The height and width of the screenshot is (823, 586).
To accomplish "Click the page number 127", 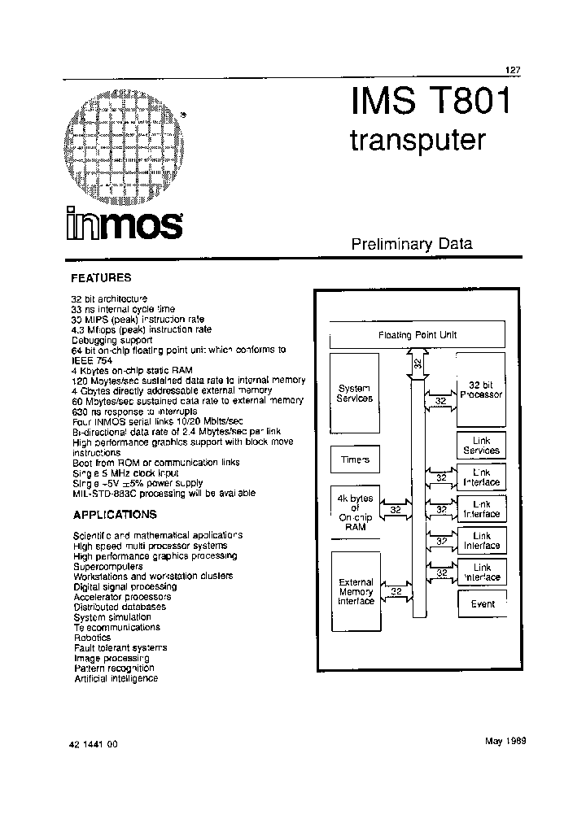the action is pos(512,71).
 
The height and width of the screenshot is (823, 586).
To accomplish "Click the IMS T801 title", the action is pos(431,103).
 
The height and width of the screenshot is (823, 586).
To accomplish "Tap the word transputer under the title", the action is pos(418,141).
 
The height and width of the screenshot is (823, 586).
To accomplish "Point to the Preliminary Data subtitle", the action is pos(412,243).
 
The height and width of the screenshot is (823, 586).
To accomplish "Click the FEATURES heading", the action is pos(102,277).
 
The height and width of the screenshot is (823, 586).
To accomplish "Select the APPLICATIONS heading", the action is pos(115,515).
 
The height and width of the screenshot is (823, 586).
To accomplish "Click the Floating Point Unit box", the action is pos(418,334).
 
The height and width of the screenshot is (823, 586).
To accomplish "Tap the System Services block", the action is pos(355,394).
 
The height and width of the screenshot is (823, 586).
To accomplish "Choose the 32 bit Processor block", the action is pos(481,389).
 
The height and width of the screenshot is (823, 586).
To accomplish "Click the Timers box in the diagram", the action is pos(355,459).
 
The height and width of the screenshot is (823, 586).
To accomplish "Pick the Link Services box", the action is pos(481,446).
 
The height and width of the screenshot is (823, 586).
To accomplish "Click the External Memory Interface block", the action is pos(355,592).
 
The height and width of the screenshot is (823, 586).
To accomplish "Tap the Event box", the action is pos(483,604).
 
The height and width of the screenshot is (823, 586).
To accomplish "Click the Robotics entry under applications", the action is pos(92,638).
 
